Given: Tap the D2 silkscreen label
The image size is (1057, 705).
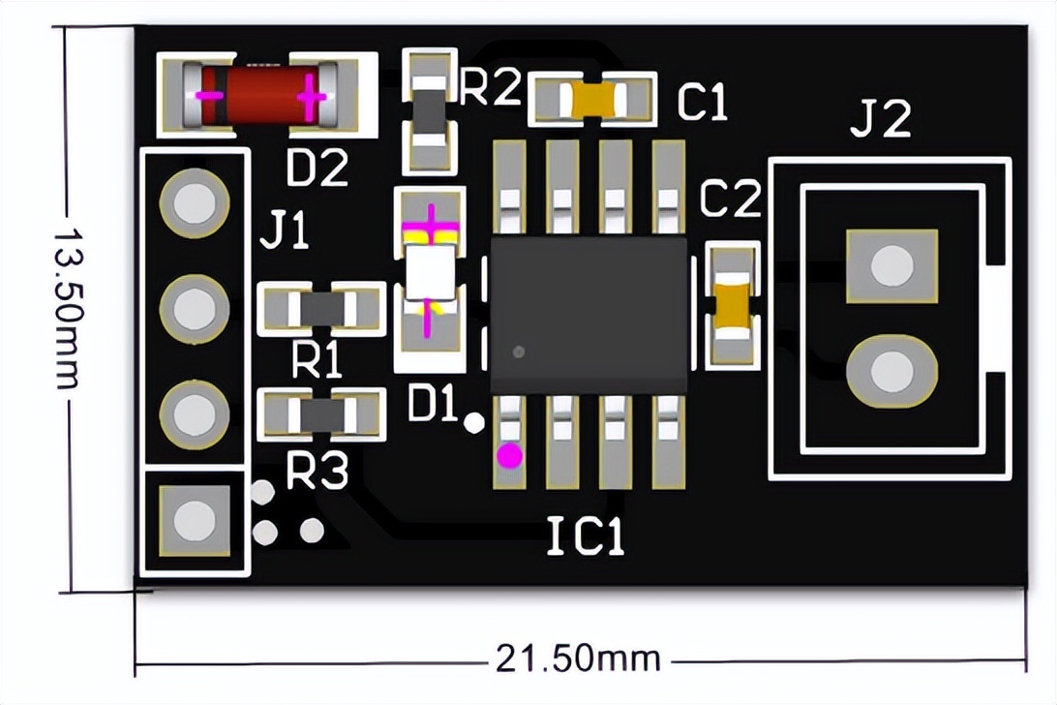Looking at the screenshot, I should point(317,169).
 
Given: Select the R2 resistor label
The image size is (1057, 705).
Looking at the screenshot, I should point(490,88).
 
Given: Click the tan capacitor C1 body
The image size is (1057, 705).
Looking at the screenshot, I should point(592,99).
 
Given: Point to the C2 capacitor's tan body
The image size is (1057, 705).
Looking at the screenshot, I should point(733,303).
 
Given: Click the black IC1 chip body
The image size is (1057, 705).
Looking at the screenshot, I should point(589,314).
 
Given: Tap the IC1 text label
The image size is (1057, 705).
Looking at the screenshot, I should point(586,536).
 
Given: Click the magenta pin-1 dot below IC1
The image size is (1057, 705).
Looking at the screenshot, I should point(509,453).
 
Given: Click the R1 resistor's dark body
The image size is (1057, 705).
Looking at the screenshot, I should point(320,309).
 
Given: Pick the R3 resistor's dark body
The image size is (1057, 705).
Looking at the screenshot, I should point(320,415).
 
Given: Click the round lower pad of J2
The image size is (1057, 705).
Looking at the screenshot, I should point(891,371).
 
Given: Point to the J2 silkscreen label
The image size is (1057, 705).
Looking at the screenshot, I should point(881,120).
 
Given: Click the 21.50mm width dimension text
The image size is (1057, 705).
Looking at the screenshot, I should point(578,659).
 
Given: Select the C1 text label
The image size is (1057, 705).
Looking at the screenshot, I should point(702,103).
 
